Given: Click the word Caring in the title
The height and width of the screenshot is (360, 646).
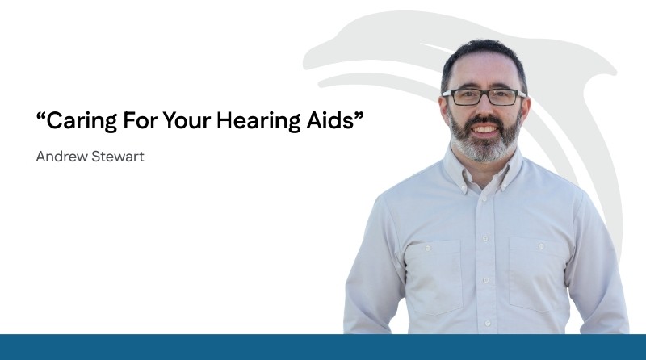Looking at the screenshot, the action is coord(82,121).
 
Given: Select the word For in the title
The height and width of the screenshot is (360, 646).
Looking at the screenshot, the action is coord(141,121).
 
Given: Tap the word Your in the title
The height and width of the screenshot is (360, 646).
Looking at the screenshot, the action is coord(187,121).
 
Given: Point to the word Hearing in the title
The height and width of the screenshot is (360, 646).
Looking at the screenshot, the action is coord(258,122).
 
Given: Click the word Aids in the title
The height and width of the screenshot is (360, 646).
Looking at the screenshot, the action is coord(330,120).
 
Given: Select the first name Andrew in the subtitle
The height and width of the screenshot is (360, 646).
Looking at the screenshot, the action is coord(62,157).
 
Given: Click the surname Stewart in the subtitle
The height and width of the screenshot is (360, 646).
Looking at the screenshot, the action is coord(118,157).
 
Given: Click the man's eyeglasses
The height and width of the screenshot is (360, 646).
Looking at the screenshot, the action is coord(484,97).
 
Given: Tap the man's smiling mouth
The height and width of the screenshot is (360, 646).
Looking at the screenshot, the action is coord(485,129).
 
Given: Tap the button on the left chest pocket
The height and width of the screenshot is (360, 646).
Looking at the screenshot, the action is coord(428,248).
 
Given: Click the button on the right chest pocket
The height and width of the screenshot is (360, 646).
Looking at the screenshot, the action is coord(541,246).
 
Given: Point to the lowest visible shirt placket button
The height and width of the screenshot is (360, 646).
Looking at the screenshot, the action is coord(488,324).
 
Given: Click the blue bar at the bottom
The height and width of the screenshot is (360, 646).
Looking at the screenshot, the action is coord(323,347).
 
